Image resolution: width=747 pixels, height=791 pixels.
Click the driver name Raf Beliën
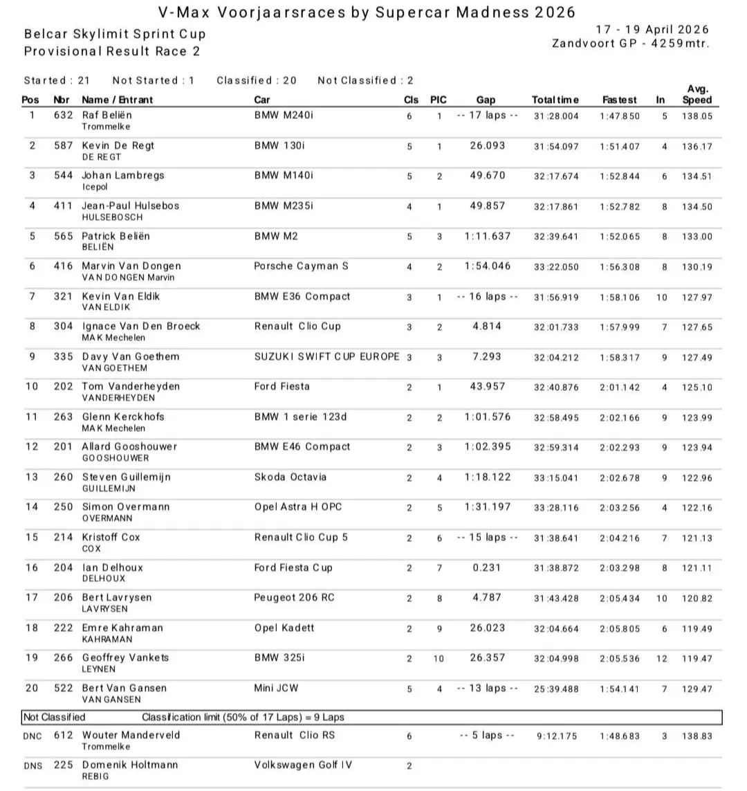tap(107, 115)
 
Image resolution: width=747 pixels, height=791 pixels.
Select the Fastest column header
tap(619, 100)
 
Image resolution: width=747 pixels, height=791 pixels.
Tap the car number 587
tap(63, 145)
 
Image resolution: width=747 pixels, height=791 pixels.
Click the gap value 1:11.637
tap(487, 236)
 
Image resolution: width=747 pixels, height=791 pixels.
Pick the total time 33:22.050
tap(556, 267)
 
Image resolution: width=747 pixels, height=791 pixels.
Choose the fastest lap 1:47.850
tap(620, 116)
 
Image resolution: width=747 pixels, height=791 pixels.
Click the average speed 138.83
tap(697, 736)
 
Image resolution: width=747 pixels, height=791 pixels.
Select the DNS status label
tap(33, 765)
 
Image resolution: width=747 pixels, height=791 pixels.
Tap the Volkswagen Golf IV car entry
tap(303, 765)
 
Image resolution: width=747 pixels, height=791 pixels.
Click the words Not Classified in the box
tap(55, 717)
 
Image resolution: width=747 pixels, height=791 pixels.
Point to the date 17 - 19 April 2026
tap(652, 29)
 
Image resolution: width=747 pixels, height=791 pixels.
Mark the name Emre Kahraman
tap(122, 628)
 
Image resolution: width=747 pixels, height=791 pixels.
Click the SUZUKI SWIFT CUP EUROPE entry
tap(326, 356)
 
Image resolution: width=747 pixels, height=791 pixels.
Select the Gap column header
tap(486, 100)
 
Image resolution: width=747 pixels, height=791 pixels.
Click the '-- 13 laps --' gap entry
tap(487, 688)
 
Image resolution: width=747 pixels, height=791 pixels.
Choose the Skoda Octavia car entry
tap(290, 477)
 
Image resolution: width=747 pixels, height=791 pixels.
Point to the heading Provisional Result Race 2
tap(113, 51)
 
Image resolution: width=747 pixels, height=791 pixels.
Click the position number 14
tap(32, 507)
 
